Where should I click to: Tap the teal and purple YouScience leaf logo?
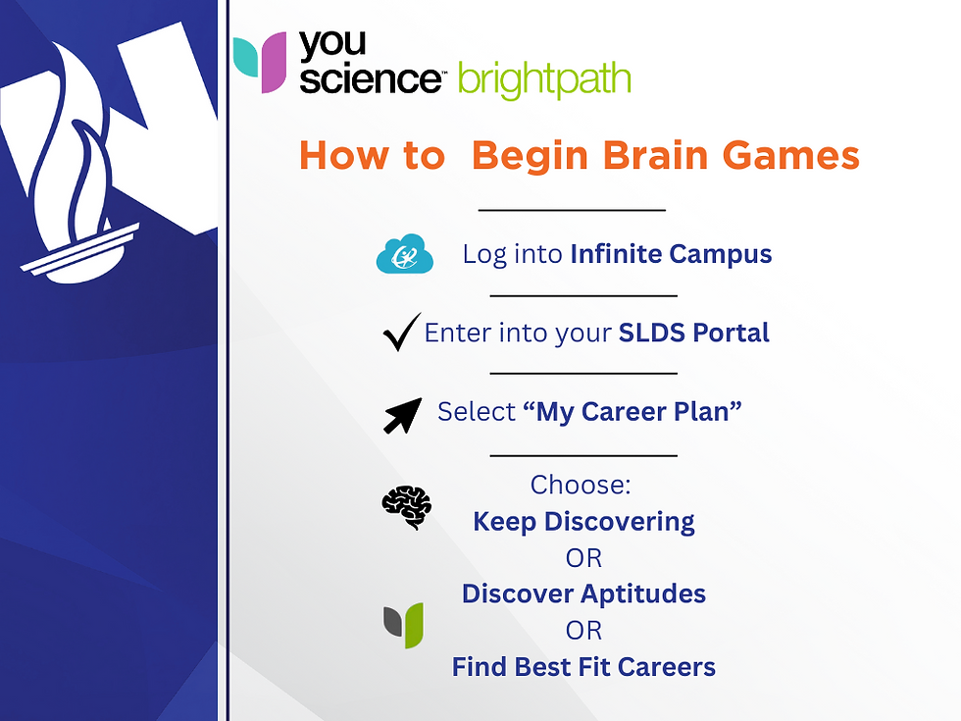(260, 63)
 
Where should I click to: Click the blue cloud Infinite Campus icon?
(404, 254)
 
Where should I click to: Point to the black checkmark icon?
(401, 334)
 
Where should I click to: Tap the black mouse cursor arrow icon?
(402, 414)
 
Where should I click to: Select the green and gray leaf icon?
(403, 625)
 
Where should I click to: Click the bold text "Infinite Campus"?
(671, 255)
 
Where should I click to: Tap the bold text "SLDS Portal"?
(693, 334)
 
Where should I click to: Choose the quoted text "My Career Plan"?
(632, 412)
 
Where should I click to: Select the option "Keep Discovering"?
(583, 522)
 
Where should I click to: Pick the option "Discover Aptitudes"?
(583, 594)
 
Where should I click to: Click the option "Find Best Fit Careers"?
(583, 668)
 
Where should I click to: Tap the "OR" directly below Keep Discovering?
(583, 558)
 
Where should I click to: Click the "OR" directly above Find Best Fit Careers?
(583, 631)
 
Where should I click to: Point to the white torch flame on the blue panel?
(74, 167)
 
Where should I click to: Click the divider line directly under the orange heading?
(571, 210)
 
